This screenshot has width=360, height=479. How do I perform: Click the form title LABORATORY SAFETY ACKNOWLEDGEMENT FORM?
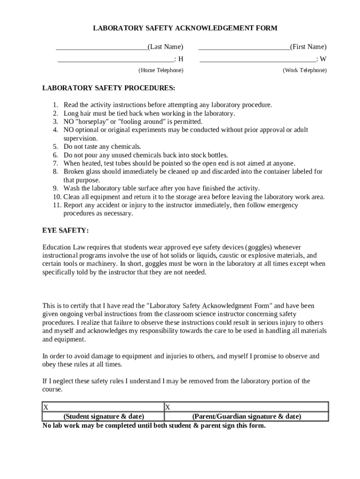pos(185,28)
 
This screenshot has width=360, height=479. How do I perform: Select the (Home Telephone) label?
pos(161,70)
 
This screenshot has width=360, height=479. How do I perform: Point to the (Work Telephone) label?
pos(304,70)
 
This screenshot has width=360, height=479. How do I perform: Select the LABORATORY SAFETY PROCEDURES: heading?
pos(109,88)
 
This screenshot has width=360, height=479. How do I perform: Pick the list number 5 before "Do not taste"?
pos(55,146)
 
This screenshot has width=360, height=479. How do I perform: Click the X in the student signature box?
pos(46,407)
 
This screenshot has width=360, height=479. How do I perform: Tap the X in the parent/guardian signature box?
pos(167,407)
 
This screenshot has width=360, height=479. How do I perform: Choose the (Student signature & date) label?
pos(103,416)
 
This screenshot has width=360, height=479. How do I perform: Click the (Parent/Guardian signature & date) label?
pos(246,416)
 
